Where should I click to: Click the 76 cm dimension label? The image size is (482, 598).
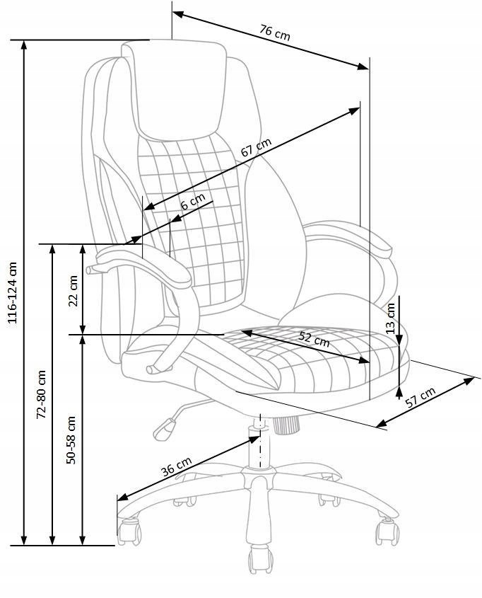pos(275,32)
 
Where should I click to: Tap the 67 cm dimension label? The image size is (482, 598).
pos(257,146)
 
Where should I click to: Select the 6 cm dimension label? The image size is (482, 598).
pos(193,201)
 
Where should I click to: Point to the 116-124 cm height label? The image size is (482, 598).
pos(13,292)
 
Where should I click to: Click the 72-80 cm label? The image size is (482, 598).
pos(41,394)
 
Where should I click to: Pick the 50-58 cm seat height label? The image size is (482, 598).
pos(71,439)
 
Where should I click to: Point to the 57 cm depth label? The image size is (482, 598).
pos(421,398)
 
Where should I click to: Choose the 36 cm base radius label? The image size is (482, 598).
pos(176,466)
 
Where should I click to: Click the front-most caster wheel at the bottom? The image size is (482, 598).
pos(261,560)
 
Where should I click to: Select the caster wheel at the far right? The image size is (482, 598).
pos(387,531)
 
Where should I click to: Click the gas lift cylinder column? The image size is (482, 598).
pos(259,447)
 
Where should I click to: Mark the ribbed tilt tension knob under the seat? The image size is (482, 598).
pos(285,425)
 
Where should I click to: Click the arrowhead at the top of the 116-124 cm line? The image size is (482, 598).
pos(24,45)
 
